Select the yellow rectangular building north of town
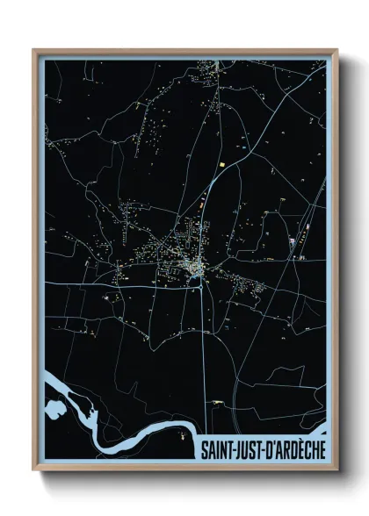coord(222,163)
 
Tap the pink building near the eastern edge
coord(291,240)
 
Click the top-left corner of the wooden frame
coord(34,51)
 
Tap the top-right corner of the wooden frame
coord(336,51)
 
